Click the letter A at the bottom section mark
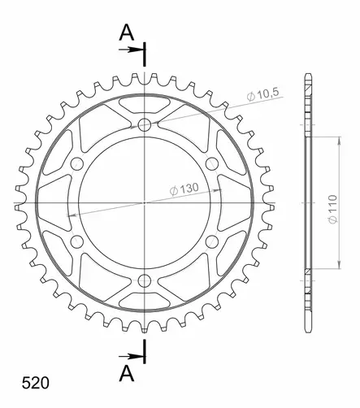pyautogui.click(x=126, y=373)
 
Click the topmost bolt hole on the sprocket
pyautogui.click(x=145, y=124)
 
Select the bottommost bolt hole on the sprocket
pyautogui.click(x=145, y=280)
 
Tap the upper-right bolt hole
pyautogui.click(x=212, y=163)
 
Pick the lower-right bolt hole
pyautogui.click(x=212, y=241)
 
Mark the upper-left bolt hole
pyautogui.click(x=77, y=163)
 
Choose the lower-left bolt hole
pyautogui.click(x=77, y=241)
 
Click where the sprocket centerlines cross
pyautogui.click(x=145, y=202)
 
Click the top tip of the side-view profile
pyautogui.click(x=308, y=75)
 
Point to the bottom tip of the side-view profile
pyautogui.click(x=308, y=330)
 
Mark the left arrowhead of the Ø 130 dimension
pyautogui.click(x=70, y=213)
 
